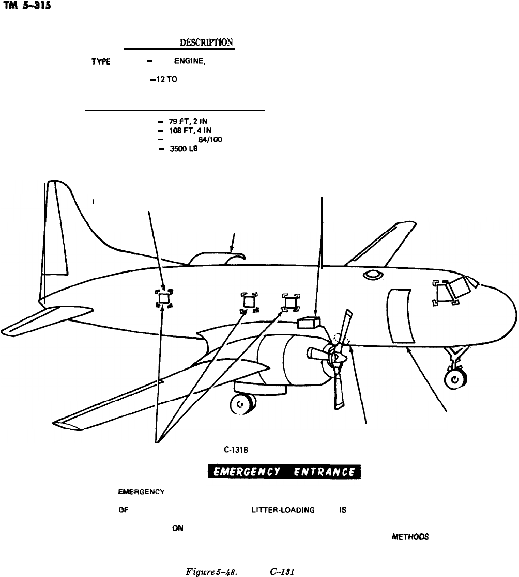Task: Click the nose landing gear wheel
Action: tap(454, 380)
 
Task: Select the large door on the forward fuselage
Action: tap(400, 315)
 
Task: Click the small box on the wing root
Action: tap(309, 322)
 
